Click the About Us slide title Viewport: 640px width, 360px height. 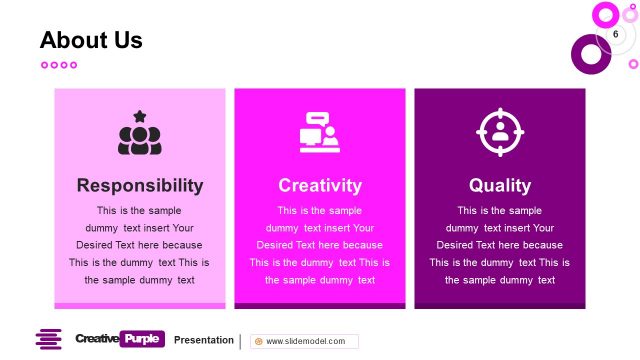pyautogui.click(x=91, y=40)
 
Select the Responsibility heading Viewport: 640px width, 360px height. pyautogui.click(x=140, y=185)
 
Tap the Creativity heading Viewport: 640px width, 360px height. pyautogui.click(x=320, y=185)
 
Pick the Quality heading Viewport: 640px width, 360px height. pyautogui.click(x=500, y=185)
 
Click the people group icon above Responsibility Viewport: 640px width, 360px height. pyautogui.click(x=140, y=136)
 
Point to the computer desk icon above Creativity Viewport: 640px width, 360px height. pyautogui.click(x=320, y=132)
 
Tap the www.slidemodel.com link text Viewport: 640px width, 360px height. pyautogui.click(x=306, y=341)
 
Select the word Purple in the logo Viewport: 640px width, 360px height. pyautogui.click(x=142, y=339)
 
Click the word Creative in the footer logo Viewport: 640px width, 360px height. pyautogui.click(x=96, y=339)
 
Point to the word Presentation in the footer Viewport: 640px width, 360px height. pyautogui.click(x=204, y=340)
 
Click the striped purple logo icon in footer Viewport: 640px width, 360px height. pyautogui.click(x=49, y=340)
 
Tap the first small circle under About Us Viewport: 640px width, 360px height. pyautogui.click(x=44, y=65)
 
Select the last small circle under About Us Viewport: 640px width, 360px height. pyautogui.click(x=73, y=65)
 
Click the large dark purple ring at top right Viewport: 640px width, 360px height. pyautogui.click(x=590, y=54)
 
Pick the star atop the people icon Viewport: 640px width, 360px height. pyautogui.click(x=140, y=116)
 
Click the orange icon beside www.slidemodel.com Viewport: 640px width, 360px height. pyautogui.click(x=259, y=341)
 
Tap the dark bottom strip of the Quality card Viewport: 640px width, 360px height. pyautogui.click(x=500, y=305)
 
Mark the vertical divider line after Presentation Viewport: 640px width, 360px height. pyautogui.click(x=240, y=341)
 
